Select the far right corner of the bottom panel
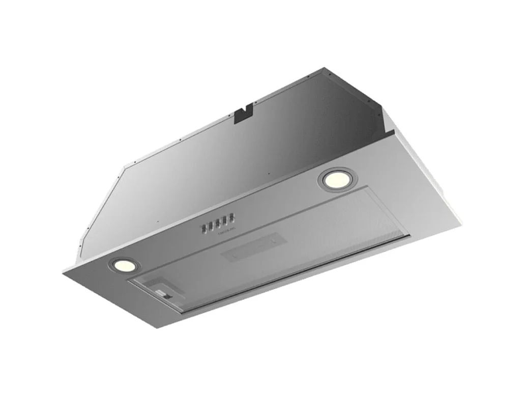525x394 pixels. tap(462, 220)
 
